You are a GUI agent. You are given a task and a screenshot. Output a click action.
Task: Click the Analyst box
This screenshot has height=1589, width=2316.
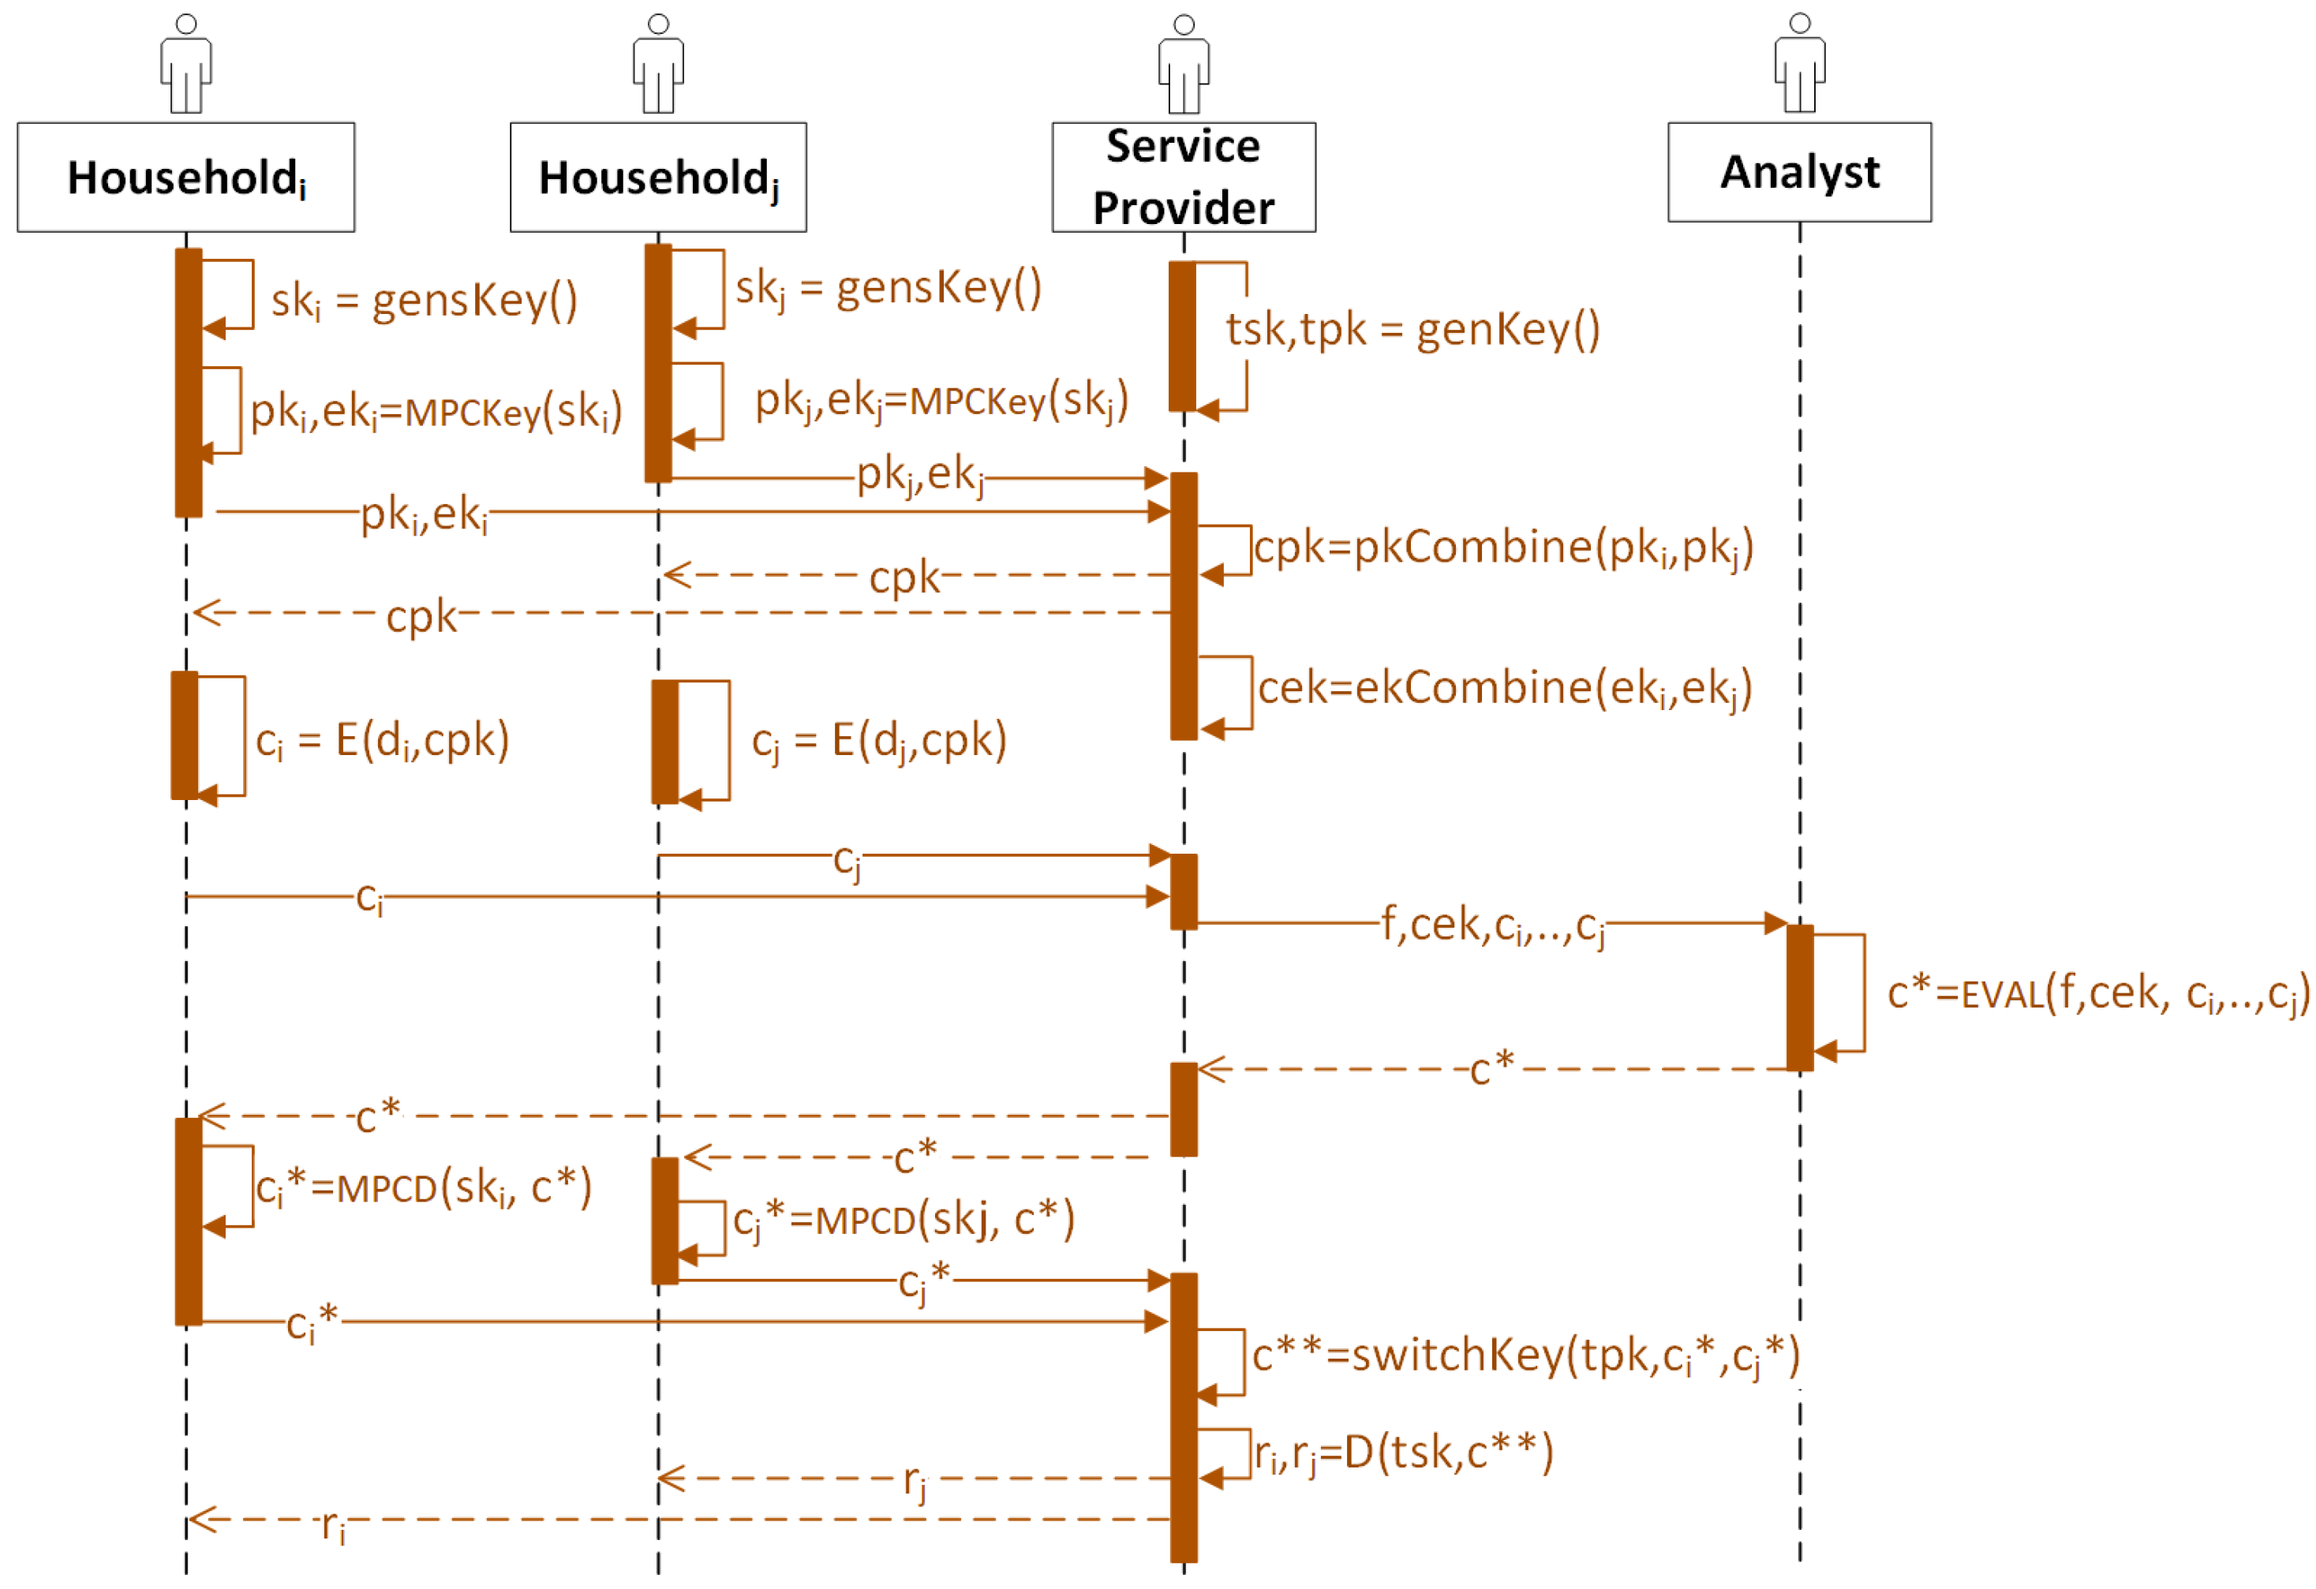(1799, 172)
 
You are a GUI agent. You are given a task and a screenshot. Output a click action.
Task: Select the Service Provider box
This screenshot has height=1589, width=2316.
(1183, 178)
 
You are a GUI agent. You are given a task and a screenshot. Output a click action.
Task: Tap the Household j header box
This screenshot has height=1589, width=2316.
(658, 178)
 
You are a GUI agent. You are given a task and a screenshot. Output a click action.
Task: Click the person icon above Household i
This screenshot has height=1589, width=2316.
(185, 64)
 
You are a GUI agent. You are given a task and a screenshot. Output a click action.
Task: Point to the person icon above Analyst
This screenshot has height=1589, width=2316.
(1799, 64)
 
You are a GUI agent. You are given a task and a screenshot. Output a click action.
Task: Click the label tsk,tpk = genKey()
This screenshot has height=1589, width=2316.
(1412, 329)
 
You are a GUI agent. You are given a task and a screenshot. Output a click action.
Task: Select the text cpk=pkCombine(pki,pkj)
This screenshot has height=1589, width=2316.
(1502, 548)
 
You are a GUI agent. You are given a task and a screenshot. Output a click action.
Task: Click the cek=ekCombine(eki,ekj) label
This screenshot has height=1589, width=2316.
(1505, 689)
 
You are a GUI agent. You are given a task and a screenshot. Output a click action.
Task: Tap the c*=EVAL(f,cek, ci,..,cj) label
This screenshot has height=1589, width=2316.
(2097, 994)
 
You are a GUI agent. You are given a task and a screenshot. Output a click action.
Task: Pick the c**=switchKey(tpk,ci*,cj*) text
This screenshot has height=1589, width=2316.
(1525, 1355)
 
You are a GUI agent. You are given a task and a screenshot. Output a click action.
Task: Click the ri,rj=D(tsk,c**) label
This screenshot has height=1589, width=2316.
(1403, 1453)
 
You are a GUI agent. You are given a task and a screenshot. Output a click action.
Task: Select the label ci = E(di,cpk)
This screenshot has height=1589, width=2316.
(383, 741)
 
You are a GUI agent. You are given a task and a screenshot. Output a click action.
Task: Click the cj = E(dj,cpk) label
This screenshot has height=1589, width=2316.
(879, 741)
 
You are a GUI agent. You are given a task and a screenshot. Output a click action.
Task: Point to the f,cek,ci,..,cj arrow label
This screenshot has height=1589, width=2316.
(1493, 925)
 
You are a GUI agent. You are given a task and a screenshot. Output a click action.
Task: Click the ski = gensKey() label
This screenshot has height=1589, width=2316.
(424, 300)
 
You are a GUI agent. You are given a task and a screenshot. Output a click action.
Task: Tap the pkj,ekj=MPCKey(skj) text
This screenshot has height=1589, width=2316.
(941, 401)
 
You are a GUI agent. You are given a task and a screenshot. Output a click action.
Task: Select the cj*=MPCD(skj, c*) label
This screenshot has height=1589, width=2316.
(904, 1221)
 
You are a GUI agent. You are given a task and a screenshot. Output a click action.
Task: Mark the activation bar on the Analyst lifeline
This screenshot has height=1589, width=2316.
(1799, 998)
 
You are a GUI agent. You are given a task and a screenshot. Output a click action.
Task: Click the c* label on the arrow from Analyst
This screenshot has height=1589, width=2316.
(1492, 1069)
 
